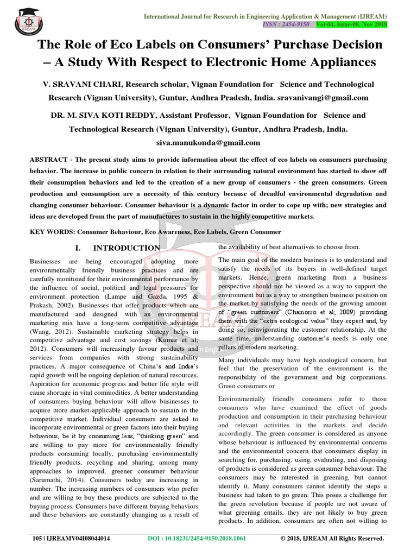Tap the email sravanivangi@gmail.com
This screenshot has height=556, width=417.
click(324, 98)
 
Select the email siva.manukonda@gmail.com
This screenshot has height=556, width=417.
click(208, 143)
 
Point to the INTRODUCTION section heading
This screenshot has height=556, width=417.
click(127, 248)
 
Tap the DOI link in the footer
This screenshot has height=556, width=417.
click(197, 539)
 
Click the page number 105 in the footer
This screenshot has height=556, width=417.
click(36, 539)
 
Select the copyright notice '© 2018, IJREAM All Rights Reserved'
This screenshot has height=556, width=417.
click(332, 539)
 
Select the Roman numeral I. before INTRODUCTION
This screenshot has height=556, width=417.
click(78, 248)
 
